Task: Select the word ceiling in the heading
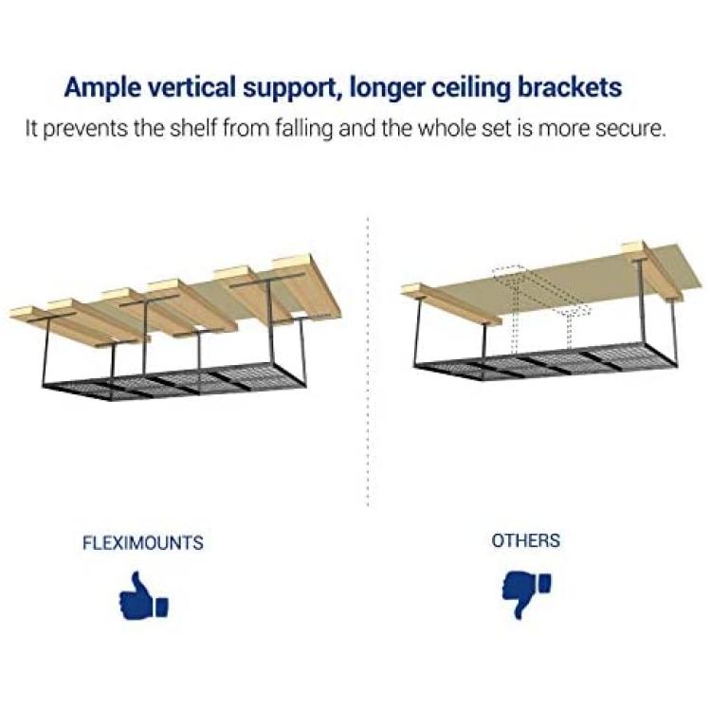[471, 88]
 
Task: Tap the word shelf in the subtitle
[191, 128]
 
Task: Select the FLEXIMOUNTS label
[143, 543]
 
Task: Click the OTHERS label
[525, 540]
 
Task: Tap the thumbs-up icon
[143, 595]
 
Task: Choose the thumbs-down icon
[526, 595]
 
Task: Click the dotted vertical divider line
[368, 362]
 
